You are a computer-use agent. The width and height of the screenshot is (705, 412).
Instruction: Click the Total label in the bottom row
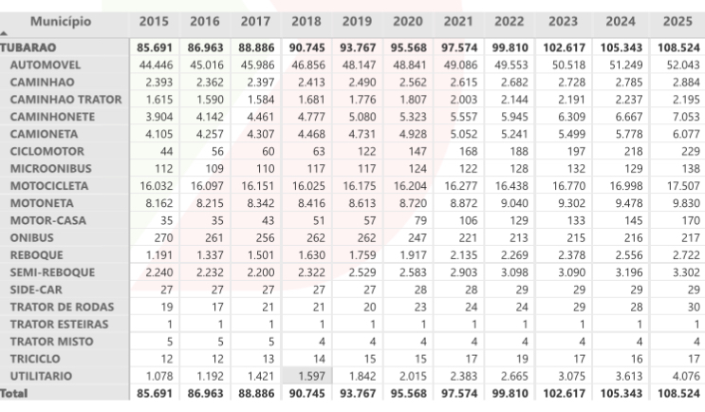[x=14, y=392]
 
